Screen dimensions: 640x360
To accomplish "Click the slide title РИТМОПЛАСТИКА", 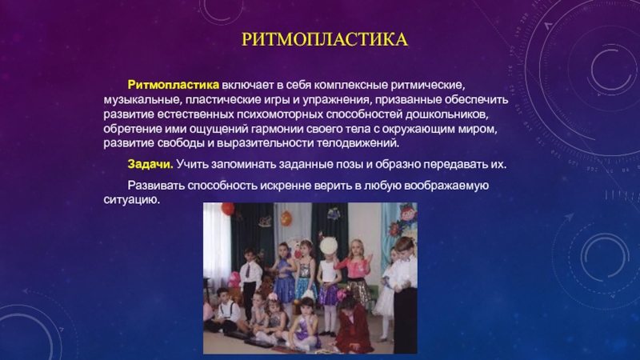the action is point(325,39).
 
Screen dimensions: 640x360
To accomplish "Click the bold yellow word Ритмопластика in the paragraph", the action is point(174,85).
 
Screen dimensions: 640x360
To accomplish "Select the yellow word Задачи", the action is point(150,164).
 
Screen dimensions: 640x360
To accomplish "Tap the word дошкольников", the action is point(446,114).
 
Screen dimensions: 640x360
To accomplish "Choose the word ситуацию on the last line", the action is point(131,200).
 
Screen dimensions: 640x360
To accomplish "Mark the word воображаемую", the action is point(447,186).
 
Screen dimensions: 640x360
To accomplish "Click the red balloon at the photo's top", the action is point(228,209).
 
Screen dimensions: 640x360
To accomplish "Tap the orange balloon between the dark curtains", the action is point(286,218).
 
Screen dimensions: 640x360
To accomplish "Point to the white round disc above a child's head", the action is point(329,246).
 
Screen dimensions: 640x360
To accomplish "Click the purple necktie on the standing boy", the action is point(248,271).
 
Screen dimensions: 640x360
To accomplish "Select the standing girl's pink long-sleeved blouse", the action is point(354,267).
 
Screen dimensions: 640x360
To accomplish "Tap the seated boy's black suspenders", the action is point(226,311).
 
